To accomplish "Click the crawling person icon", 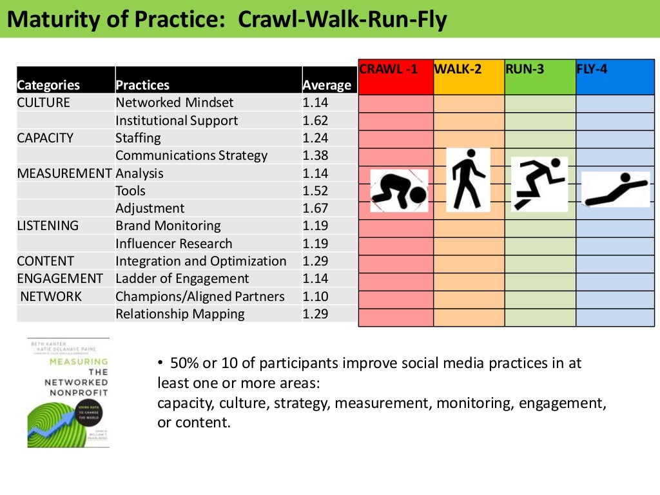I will pyautogui.click(x=399, y=191).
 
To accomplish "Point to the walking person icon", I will pyautogui.click(x=469, y=180).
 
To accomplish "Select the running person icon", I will pyautogui.click(x=539, y=184).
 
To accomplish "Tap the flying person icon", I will pyautogui.click(x=616, y=189).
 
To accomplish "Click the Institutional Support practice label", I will pyautogui.click(x=177, y=121).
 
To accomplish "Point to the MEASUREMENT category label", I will pyautogui.click(x=64, y=173).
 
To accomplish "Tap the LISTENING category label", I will pyautogui.click(x=48, y=226).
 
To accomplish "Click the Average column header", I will pyautogui.click(x=327, y=85).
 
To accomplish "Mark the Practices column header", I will pyautogui.click(x=142, y=85).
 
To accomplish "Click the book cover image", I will pyautogui.click(x=68, y=393).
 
